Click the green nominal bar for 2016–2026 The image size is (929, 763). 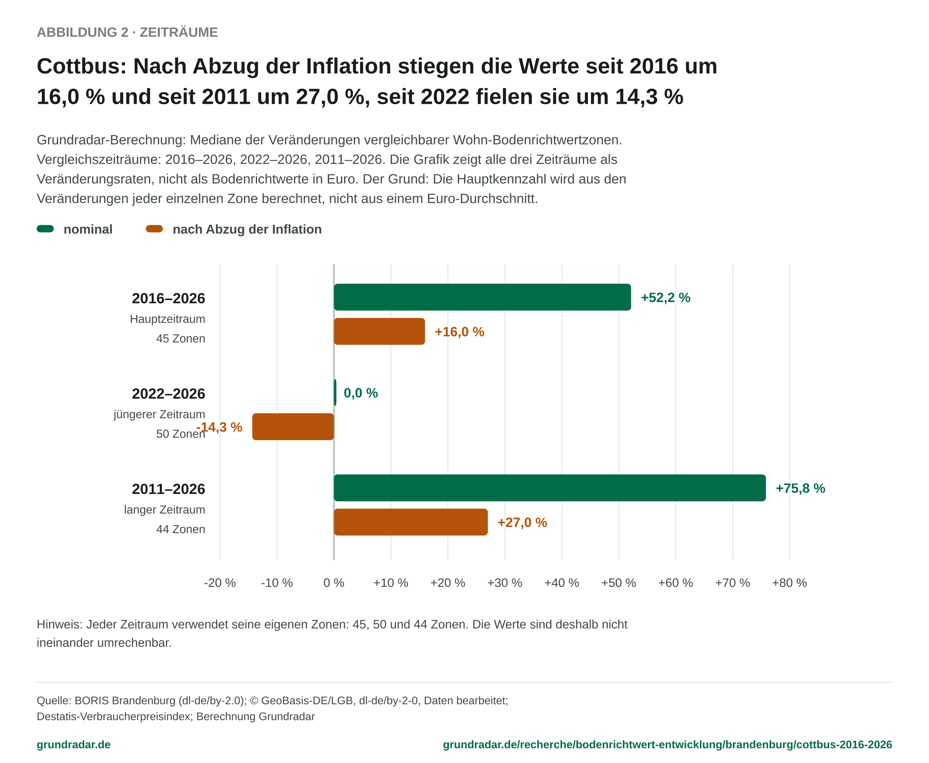[482, 297]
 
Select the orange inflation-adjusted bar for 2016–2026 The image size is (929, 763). [379, 331]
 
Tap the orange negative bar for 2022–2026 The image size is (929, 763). [293, 427]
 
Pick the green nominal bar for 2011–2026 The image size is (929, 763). [550, 488]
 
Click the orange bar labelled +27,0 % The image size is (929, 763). [411, 522]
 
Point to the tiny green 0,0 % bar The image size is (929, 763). [335, 393]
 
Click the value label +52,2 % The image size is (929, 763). [665, 298]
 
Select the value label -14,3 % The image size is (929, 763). [219, 427]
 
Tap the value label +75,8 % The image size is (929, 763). [800, 488]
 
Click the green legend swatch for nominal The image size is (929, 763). [45, 228]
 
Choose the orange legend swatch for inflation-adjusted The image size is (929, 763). [154, 228]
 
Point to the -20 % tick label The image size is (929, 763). [220, 583]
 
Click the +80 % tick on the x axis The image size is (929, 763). [789, 583]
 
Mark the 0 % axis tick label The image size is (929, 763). [334, 583]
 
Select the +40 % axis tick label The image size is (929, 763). [562, 583]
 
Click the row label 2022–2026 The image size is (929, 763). [168, 393]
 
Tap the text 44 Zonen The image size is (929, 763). [181, 529]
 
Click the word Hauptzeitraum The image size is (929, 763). [168, 319]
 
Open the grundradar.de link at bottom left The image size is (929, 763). [74, 744]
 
